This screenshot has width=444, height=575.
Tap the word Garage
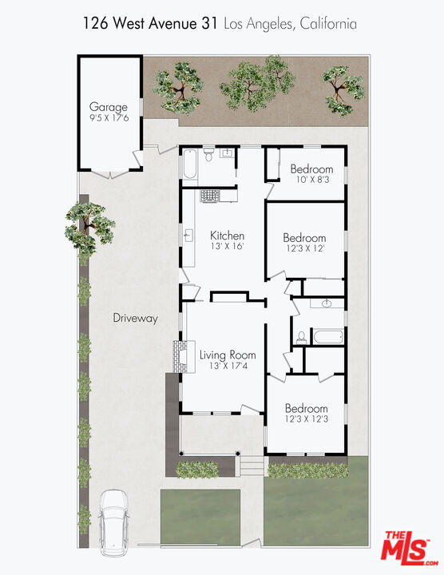108,107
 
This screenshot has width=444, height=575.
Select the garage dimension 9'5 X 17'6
108,118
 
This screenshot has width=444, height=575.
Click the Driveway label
135,318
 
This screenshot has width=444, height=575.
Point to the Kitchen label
227,236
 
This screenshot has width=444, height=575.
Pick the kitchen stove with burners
209,195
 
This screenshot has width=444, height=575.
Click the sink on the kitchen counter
190,236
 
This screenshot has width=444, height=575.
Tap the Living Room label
228,355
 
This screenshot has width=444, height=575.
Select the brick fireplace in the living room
179,357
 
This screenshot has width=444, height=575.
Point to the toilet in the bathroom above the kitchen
208,154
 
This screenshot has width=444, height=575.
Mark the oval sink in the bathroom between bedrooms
327,304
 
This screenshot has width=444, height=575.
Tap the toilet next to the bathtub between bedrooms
301,338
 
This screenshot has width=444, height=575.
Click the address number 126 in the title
96,25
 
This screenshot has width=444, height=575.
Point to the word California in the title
328,25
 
